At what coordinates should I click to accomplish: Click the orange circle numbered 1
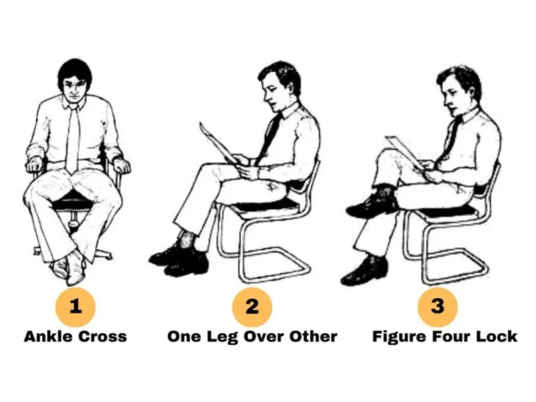click(75, 307)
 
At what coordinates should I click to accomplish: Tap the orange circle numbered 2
click(252, 307)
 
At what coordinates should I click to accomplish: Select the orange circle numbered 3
click(438, 307)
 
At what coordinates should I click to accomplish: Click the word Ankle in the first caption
click(48, 336)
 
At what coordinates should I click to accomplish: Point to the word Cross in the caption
click(103, 336)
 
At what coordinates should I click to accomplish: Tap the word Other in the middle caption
click(314, 336)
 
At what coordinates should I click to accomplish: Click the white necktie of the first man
click(72, 139)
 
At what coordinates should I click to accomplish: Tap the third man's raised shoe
click(372, 206)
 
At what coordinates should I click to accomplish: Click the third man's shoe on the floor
click(364, 271)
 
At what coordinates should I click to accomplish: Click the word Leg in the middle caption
click(222, 337)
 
